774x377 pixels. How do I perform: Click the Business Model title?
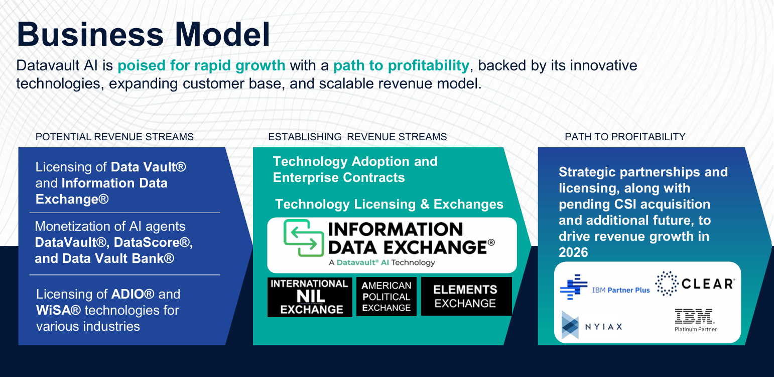click(x=144, y=35)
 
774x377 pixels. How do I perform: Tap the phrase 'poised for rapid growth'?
click(x=201, y=66)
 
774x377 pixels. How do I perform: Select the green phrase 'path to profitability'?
click(x=401, y=66)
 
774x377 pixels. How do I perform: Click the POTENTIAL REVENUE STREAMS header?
click(x=114, y=137)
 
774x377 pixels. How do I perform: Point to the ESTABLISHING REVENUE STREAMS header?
click(x=357, y=137)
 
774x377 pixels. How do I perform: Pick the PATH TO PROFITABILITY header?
click(x=625, y=137)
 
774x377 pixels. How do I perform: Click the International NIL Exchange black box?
click(x=310, y=297)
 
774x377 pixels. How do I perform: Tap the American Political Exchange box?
click(x=386, y=297)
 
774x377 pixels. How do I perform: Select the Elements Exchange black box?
click(x=466, y=297)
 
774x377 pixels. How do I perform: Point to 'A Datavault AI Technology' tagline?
click(x=381, y=263)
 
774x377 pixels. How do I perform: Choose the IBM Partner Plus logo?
click(x=605, y=288)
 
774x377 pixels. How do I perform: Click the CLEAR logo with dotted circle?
click(x=695, y=284)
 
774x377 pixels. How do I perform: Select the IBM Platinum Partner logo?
click(x=695, y=321)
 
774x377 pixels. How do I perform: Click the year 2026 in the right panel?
click(x=573, y=252)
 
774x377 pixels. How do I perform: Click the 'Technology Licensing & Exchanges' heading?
click(x=389, y=204)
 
